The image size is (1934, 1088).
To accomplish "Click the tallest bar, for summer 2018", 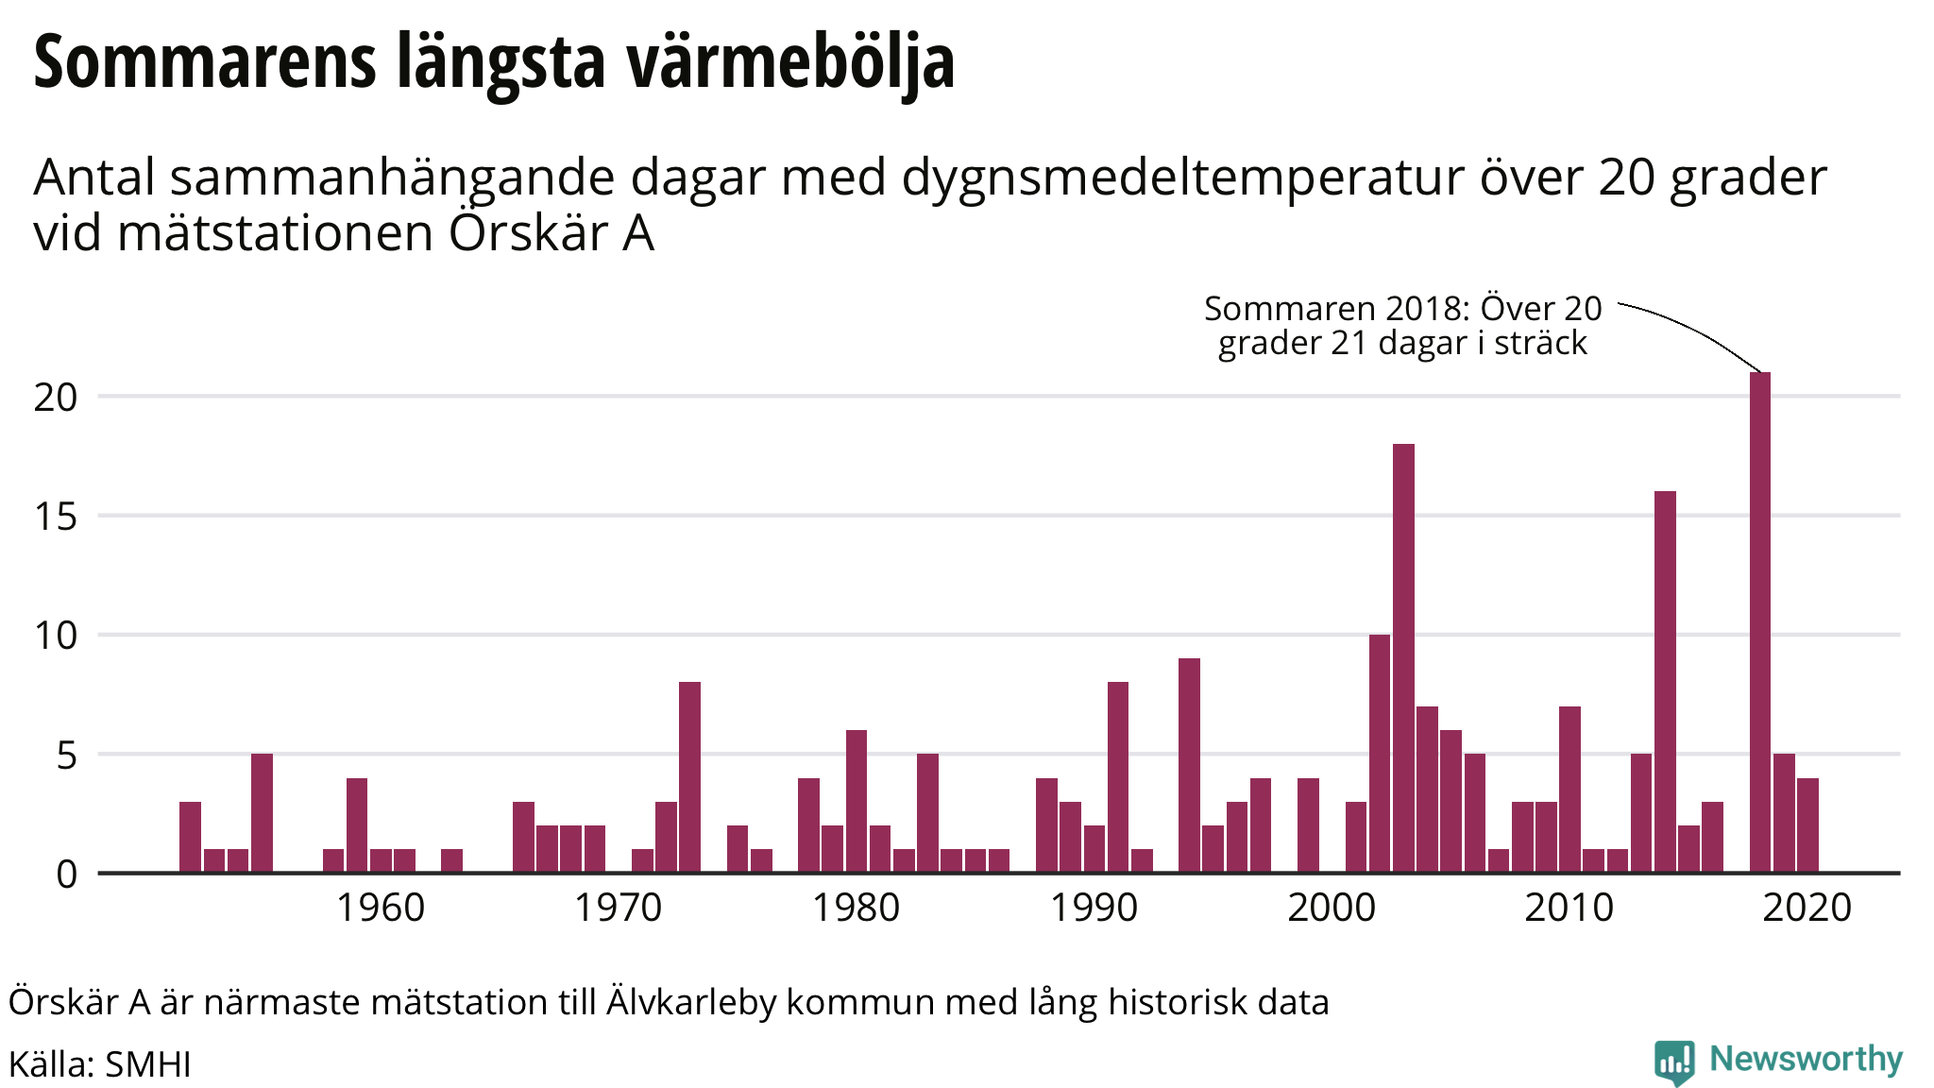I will point(1759,622).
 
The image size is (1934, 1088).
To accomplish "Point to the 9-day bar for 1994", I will point(1189,765).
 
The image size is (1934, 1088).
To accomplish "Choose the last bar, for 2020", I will point(1807,825).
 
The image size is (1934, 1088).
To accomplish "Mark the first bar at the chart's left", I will point(190,837).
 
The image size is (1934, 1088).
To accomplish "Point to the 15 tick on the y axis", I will point(56,517).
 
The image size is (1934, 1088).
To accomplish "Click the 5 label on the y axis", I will point(66,756).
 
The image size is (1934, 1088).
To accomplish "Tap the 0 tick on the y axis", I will point(66,875).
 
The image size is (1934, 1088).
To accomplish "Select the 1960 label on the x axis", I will point(381,908).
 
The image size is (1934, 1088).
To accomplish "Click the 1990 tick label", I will point(1094,908).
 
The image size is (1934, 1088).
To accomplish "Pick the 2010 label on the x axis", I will point(1569,908).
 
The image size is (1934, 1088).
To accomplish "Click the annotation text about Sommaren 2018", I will point(1403,325).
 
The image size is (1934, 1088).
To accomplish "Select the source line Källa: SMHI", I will point(100,1064).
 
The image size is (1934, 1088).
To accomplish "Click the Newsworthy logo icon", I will point(1673,1062).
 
